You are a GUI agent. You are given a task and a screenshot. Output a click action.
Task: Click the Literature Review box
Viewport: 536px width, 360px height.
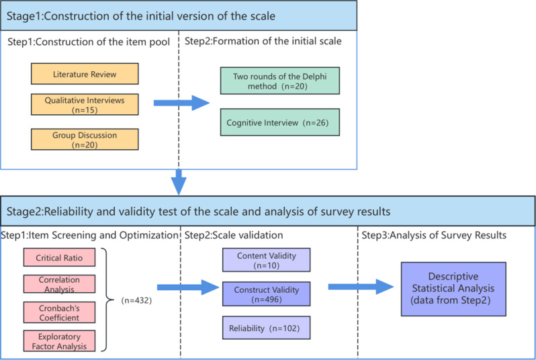85,73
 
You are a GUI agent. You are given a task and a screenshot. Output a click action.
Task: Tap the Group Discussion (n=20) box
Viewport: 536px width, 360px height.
85,138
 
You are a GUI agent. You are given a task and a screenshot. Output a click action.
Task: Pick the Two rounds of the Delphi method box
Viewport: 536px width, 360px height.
279,81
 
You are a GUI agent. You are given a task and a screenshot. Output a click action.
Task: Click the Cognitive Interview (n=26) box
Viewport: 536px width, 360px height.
279,123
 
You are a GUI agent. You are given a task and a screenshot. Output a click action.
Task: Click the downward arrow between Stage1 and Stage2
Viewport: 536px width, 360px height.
177,179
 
